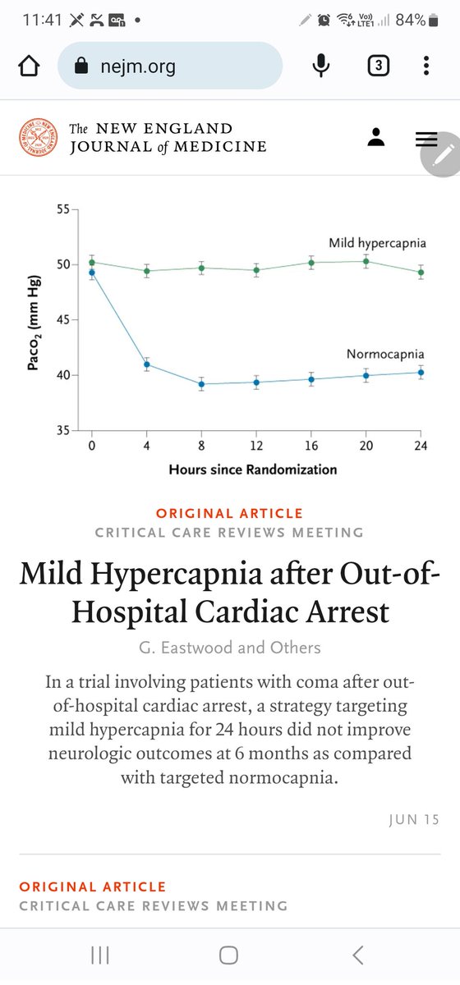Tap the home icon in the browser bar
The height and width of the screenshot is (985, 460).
(29, 66)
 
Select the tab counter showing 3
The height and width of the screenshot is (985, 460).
(377, 66)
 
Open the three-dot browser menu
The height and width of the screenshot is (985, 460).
(425, 66)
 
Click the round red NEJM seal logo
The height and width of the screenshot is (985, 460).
(39, 138)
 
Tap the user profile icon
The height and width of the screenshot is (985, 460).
(376, 138)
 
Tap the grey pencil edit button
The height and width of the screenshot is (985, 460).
(442, 154)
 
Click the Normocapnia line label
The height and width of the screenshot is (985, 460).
(384, 355)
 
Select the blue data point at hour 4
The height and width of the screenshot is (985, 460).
(147, 364)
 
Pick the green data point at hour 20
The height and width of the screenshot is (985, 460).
(366, 262)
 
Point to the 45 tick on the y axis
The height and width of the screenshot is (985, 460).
(62, 320)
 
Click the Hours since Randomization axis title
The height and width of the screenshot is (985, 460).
(253, 470)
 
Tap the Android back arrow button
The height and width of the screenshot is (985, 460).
(358, 955)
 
